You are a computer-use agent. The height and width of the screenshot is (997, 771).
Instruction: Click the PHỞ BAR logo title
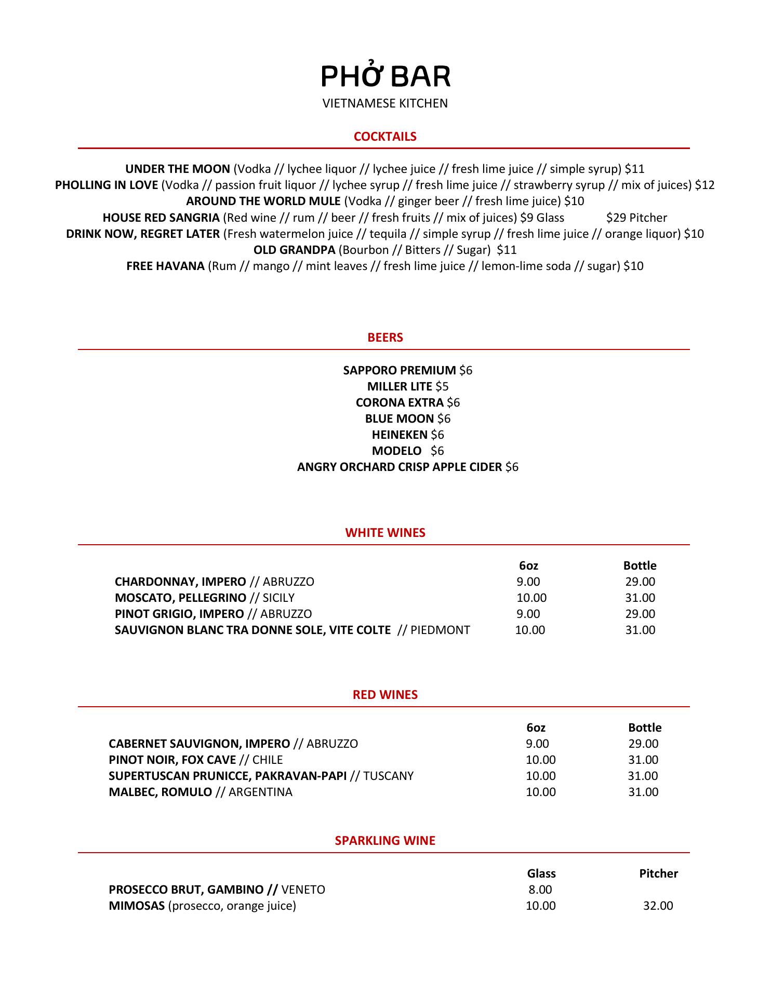click(x=385, y=76)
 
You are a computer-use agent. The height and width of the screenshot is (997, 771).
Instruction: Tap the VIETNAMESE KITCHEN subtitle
click(x=385, y=103)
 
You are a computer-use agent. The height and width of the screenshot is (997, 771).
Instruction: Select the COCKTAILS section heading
click(x=385, y=137)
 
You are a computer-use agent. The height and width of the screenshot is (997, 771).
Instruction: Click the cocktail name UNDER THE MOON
click(x=178, y=169)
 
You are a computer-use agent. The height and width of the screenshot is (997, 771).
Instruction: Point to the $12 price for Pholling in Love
click(x=704, y=185)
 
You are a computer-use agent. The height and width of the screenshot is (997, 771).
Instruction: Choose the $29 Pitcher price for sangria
click(x=636, y=218)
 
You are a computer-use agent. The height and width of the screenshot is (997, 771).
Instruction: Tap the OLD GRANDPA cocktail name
click(x=294, y=250)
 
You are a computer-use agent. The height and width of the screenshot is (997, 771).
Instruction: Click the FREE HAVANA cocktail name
click(x=165, y=266)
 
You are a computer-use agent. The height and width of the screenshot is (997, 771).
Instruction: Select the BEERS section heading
click(x=385, y=338)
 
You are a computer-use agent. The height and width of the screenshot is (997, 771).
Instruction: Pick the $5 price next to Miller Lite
click(x=442, y=386)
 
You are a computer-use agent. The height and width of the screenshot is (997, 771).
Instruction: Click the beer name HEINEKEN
click(x=400, y=435)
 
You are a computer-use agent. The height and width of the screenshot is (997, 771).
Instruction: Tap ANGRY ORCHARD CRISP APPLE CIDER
click(x=400, y=467)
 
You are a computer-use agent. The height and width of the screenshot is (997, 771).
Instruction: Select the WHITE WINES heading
click(x=385, y=533)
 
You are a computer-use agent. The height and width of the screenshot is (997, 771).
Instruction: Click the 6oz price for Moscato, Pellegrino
click(x=531, y=598)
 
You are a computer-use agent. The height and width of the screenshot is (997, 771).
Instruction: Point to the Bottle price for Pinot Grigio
click(x=640, y=614)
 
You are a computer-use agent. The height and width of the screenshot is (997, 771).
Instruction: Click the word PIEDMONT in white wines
click(x=440, y=630)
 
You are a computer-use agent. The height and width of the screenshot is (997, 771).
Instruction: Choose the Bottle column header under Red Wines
click(x=645, y=727)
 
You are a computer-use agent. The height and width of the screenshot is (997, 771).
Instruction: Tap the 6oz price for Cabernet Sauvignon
click(x=537, y=744)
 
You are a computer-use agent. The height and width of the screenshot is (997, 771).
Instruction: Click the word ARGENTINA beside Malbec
click(x=260, y=792)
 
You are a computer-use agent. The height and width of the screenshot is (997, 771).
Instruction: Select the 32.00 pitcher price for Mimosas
click(x=658, y=906)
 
